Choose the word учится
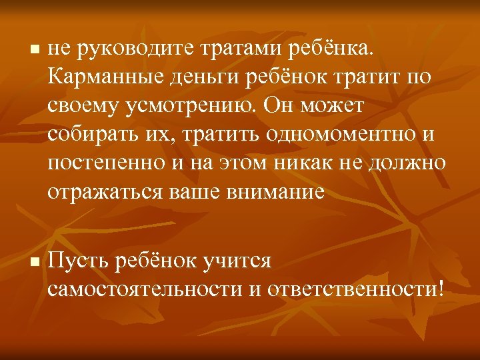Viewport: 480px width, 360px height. coord(237,261)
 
